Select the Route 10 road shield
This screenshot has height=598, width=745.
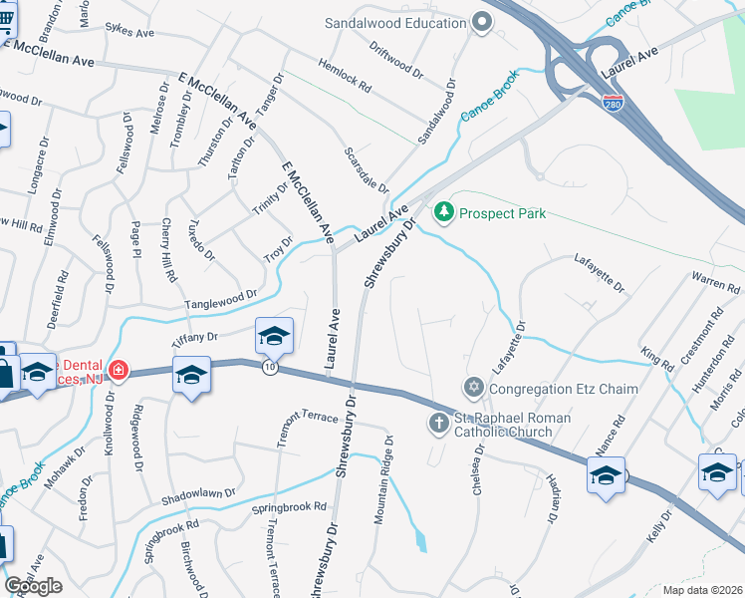click(270, 368)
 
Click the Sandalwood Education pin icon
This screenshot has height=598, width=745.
click(482, 22)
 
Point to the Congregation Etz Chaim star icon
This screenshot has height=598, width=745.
click(473, 386)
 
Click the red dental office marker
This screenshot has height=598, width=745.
click(118, 371)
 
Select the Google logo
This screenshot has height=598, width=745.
click(34, 586)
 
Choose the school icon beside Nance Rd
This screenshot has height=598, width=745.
click(606, 474)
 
